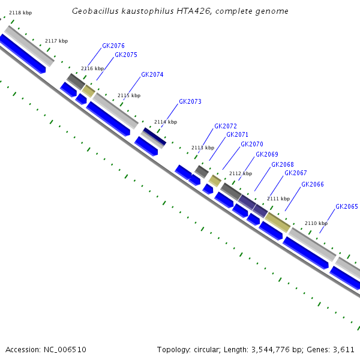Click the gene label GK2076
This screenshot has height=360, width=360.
[113, 46]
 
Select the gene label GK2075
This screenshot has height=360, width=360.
[125, 55]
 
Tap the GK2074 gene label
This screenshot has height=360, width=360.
[152, 75]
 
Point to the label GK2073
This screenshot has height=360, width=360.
[190, 102]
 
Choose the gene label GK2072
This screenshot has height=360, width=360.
[226, 126]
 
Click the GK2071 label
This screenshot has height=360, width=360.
[237, 135]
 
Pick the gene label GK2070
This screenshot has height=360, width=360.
[252, 145]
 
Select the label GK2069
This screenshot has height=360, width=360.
[267, 155]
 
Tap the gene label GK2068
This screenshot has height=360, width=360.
[283, 164]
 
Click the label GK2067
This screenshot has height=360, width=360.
[296, 173]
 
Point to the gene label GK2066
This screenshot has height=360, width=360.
[313, 184]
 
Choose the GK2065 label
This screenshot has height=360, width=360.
[347, 206]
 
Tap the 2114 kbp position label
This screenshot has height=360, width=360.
[166, 122]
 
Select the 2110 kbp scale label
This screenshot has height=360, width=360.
[316, 223]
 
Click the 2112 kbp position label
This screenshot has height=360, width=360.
[240, 173]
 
